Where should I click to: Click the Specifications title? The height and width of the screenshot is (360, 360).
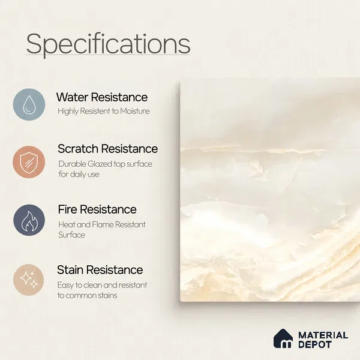(108, 44)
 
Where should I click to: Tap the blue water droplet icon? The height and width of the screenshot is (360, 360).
(29, 104)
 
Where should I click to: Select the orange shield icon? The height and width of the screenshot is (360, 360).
(29, 162)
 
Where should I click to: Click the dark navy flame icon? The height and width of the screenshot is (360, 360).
(29, 220)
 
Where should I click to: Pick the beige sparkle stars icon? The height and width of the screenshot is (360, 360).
(28, 280)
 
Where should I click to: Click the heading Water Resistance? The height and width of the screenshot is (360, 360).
(102, 97)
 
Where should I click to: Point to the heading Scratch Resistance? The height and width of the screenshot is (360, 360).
(107, 149)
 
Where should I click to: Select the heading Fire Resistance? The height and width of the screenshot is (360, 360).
(97, 209)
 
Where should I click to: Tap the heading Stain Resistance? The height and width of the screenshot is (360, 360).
(100, 270)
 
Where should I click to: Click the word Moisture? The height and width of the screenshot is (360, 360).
(135, 111)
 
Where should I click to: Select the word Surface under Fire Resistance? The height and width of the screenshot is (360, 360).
(71, 235)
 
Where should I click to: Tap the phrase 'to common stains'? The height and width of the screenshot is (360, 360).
(87, 295)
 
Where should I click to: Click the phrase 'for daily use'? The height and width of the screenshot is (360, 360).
(79, 174)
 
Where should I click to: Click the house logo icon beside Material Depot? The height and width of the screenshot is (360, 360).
(283, 338)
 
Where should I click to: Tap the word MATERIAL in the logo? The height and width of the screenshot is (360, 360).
(323, 335)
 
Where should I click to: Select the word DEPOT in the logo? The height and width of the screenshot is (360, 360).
(315, 344)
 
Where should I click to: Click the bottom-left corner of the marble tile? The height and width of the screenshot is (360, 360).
(180, 301)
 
